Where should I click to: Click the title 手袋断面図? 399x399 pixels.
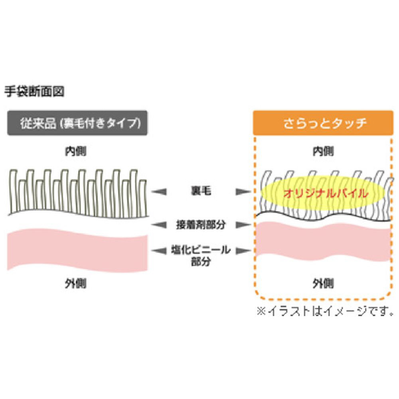(34, 91)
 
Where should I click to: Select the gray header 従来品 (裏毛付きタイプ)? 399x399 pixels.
(78, 123)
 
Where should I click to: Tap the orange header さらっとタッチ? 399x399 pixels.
(323, 123)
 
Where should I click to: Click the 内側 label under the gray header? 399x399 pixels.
(76, 152)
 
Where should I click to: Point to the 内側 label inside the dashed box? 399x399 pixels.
(323, 152)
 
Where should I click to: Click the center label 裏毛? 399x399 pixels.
(200, 192)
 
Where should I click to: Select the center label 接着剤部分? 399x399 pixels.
(200, 225)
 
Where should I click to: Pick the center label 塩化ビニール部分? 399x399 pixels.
(200, 255)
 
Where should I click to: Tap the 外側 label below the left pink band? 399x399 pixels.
(76, 284)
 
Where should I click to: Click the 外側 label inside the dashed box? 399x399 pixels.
(323, 284)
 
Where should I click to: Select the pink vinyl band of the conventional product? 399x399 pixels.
(78, 249)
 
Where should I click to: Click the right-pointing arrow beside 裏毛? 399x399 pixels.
(242, 192)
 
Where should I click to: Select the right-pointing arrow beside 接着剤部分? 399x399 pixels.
(242, 225)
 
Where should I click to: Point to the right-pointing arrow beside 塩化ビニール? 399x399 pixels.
(242, 251)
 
